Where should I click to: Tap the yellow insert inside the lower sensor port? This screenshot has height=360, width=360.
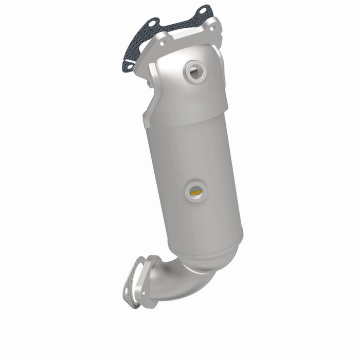click(x=195, y=192)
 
